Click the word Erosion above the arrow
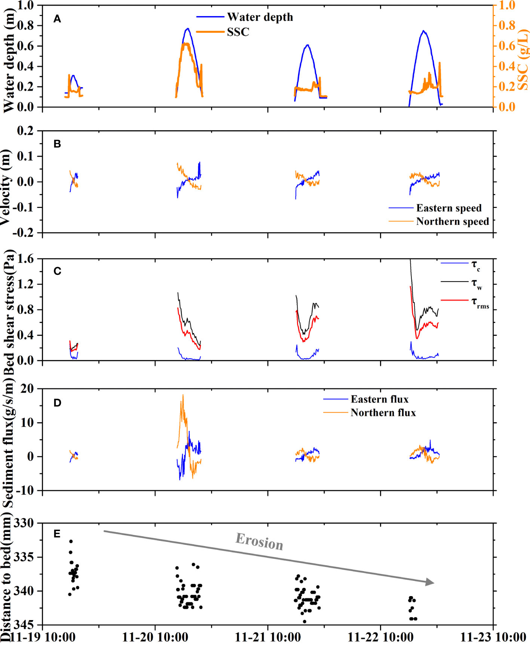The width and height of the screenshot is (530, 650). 259,541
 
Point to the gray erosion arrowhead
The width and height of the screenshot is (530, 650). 430,582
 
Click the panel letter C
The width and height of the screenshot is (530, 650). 57,271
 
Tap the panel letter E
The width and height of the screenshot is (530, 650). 57,534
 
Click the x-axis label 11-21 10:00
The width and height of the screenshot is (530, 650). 268,637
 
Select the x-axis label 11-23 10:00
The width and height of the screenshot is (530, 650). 493,637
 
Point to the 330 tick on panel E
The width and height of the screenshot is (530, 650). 23,523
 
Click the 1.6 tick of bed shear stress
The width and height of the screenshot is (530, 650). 25,259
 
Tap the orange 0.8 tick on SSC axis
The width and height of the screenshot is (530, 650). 507,25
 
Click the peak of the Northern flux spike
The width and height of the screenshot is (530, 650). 183,395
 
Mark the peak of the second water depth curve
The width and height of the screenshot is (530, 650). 188,28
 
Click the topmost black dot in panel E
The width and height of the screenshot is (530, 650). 71,541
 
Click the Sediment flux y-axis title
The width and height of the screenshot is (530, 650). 8,441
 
